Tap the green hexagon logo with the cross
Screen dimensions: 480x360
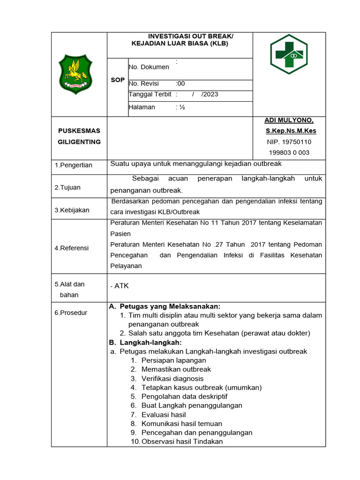pyautogui.click(x=289, y=54)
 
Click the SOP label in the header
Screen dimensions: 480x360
pyautogui.click(x=118, y=80)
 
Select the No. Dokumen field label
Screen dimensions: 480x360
pyautogui.click(x=149, y=67)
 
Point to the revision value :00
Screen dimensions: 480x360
pyautogui.click(x=180, y=84)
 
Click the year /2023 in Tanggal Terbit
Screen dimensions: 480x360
pyautogui.click(x=210, y=94)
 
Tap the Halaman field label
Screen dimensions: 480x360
pyautogui.click(x=142, y=107)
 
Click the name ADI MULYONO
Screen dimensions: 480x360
pyautogui.click(x=289, y=120)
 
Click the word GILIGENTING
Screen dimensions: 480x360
pyautogui.click(x=79, y=142)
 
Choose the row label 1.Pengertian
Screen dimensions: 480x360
pyautogui.click(x=74, y=165)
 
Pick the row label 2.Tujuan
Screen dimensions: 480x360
pyautogui.click(x=67, y=187)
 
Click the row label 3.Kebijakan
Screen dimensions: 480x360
pyautogui.click(x=72, y=210)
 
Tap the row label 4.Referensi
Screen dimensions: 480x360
pyautogui.click(x=72, y=248)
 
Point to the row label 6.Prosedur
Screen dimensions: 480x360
pyautogui.click(x=71, y=313)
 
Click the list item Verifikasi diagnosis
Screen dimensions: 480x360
pyautogui.click(x=172, y=378)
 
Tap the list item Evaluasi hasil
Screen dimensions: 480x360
pyautogui.click(x=164, y=414)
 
